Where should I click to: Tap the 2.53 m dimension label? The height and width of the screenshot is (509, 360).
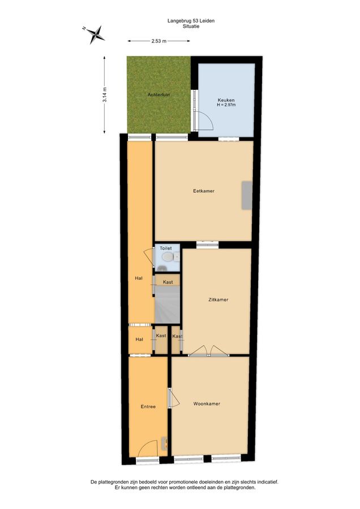pyautogui.click(x=159, y=41)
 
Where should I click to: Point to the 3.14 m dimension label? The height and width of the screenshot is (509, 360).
pyautogui.click(x=104, y=95)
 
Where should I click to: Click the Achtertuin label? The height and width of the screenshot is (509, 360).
pyautogui.click(x=158, y=95)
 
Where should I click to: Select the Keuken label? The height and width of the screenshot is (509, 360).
pyautogui.click(x=226, y=100)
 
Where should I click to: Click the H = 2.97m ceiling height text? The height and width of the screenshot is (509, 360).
pyautogui.click(x=226, y=105)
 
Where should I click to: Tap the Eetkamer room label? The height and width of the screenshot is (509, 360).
pyautogui.click(x=204, y=191)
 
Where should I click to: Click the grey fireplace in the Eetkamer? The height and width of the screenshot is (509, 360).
pyautogui.click(x=247, y=196)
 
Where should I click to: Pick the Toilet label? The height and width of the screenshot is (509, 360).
pyautogui.click(x=166, y=248)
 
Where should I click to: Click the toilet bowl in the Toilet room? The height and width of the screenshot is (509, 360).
pyautogui.click(x=168, y=257)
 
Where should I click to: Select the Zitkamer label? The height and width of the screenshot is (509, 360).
pyautogui.click(x=218, y=300)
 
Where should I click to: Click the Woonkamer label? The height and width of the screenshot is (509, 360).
pyautogui.click(x=207, y=404)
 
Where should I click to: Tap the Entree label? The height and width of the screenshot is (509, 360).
pyautogui.click(x=148, y=407)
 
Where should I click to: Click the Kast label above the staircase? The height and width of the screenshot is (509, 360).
pyautogui.click(x=168, y=282)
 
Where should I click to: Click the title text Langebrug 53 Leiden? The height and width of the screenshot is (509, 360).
pyautogui.click(x=191, y=21)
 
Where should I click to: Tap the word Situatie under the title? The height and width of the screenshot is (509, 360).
pyautogui.click(x=191, y=26)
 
